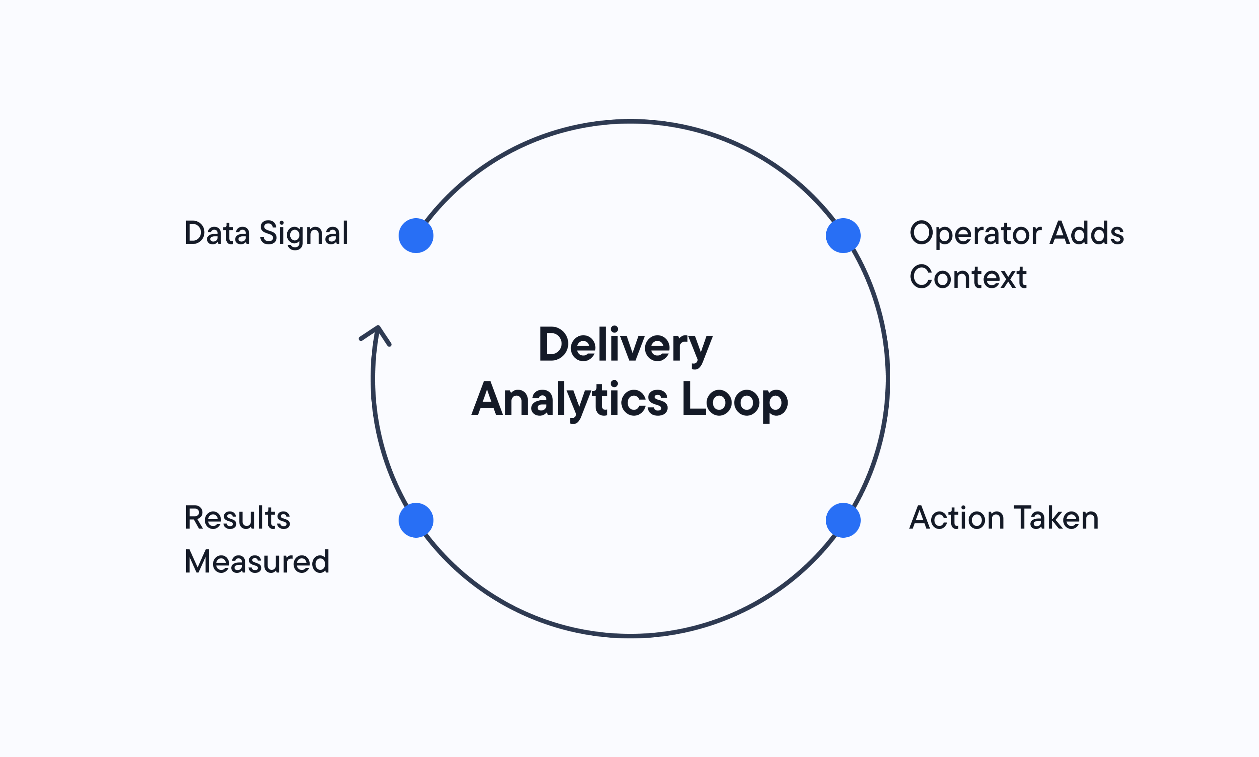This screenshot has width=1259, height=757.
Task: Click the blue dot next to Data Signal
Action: (x=416, y=236)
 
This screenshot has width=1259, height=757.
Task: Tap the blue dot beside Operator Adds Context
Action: (x=843, y=236)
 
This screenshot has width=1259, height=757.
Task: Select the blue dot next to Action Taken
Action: (x=843, y=520)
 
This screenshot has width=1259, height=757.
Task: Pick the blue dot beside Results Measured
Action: (x=416, y=520)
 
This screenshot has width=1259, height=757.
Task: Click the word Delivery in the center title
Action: (x=625, y=345)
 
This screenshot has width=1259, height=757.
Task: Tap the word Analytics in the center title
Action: (x=569, y=400)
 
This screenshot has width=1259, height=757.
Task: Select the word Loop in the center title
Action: (x=734, y=400)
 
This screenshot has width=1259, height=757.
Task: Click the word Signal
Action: (x=304, y=234)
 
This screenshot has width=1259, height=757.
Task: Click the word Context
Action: (x=968, y=277)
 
